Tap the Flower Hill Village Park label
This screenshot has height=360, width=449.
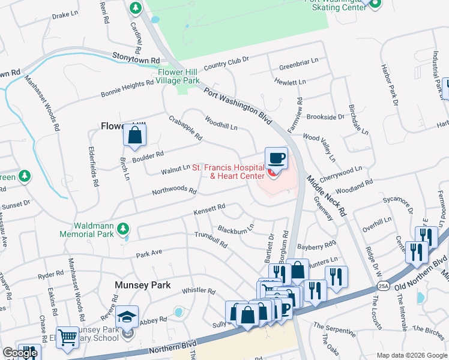point(178,76)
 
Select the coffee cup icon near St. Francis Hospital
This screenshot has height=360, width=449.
point(276,158)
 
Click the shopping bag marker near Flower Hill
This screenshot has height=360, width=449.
point(135,136)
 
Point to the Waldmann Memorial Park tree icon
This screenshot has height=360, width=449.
point(122,229)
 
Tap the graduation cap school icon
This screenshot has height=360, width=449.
point(127,317)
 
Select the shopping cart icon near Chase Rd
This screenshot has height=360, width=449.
point(67,337)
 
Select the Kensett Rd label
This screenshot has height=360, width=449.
point(209,209)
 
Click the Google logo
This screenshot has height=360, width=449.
point(20,353)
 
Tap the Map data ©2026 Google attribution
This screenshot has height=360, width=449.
point(412,355)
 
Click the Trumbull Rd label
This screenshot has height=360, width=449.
point(209,240)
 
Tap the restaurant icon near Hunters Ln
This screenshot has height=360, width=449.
point(336,276)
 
